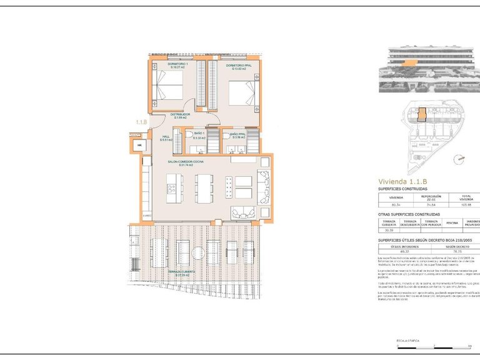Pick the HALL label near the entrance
point(166,138)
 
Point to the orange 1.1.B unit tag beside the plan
point(141,122)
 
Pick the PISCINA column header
point(451,222)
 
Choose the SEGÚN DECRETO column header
point(445,246)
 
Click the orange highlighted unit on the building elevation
point(409,62)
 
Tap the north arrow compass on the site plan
point(462,159)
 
